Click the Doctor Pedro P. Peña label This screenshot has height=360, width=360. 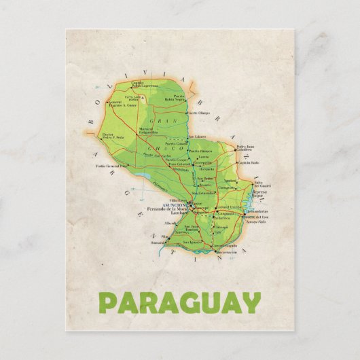pyautogui.click(x=113, y=136)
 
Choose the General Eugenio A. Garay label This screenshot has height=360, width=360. pyautogui.click(x=122, y=103)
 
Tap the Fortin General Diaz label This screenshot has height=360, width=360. pyautogui.click(x=111, y=166)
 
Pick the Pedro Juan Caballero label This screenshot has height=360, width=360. pyautogui.click(x=245, y=148)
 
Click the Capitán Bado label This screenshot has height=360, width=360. pyautogui.click(x=249, y=163)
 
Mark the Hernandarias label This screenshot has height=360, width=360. pyautogui.click(x=257, y=212)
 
